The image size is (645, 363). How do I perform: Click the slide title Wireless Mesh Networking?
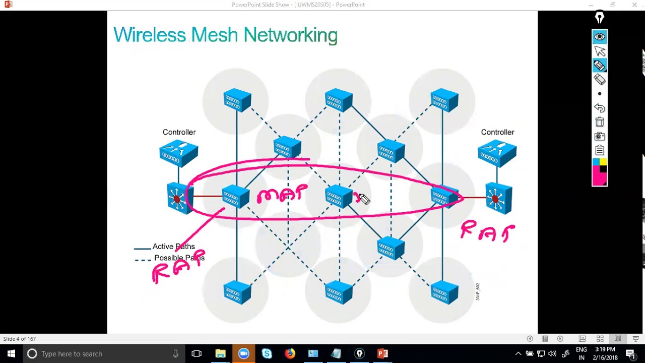(225, 35)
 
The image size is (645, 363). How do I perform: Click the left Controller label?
(179, 132)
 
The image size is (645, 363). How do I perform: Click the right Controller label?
(497, 132)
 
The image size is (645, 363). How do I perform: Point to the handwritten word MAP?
(282, 194)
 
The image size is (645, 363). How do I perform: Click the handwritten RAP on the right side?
(487, 232)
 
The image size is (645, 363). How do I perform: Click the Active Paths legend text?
(173, 247)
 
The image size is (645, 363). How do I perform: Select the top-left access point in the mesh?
(237, 100)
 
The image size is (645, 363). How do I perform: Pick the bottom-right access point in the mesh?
(444, 292)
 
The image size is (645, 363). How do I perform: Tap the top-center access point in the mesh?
(339, 100)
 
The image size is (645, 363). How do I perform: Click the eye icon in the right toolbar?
(599, 36)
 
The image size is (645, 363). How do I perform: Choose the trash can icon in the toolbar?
(599, 122)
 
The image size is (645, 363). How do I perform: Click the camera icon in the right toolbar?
(599, 136)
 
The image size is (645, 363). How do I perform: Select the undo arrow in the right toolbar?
(599, 108)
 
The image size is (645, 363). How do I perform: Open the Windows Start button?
(11, 353)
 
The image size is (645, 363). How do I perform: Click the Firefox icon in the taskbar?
(290, 353)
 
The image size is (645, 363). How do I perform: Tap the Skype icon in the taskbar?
(267, 353)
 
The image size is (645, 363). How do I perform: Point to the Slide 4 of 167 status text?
(20, 339)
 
